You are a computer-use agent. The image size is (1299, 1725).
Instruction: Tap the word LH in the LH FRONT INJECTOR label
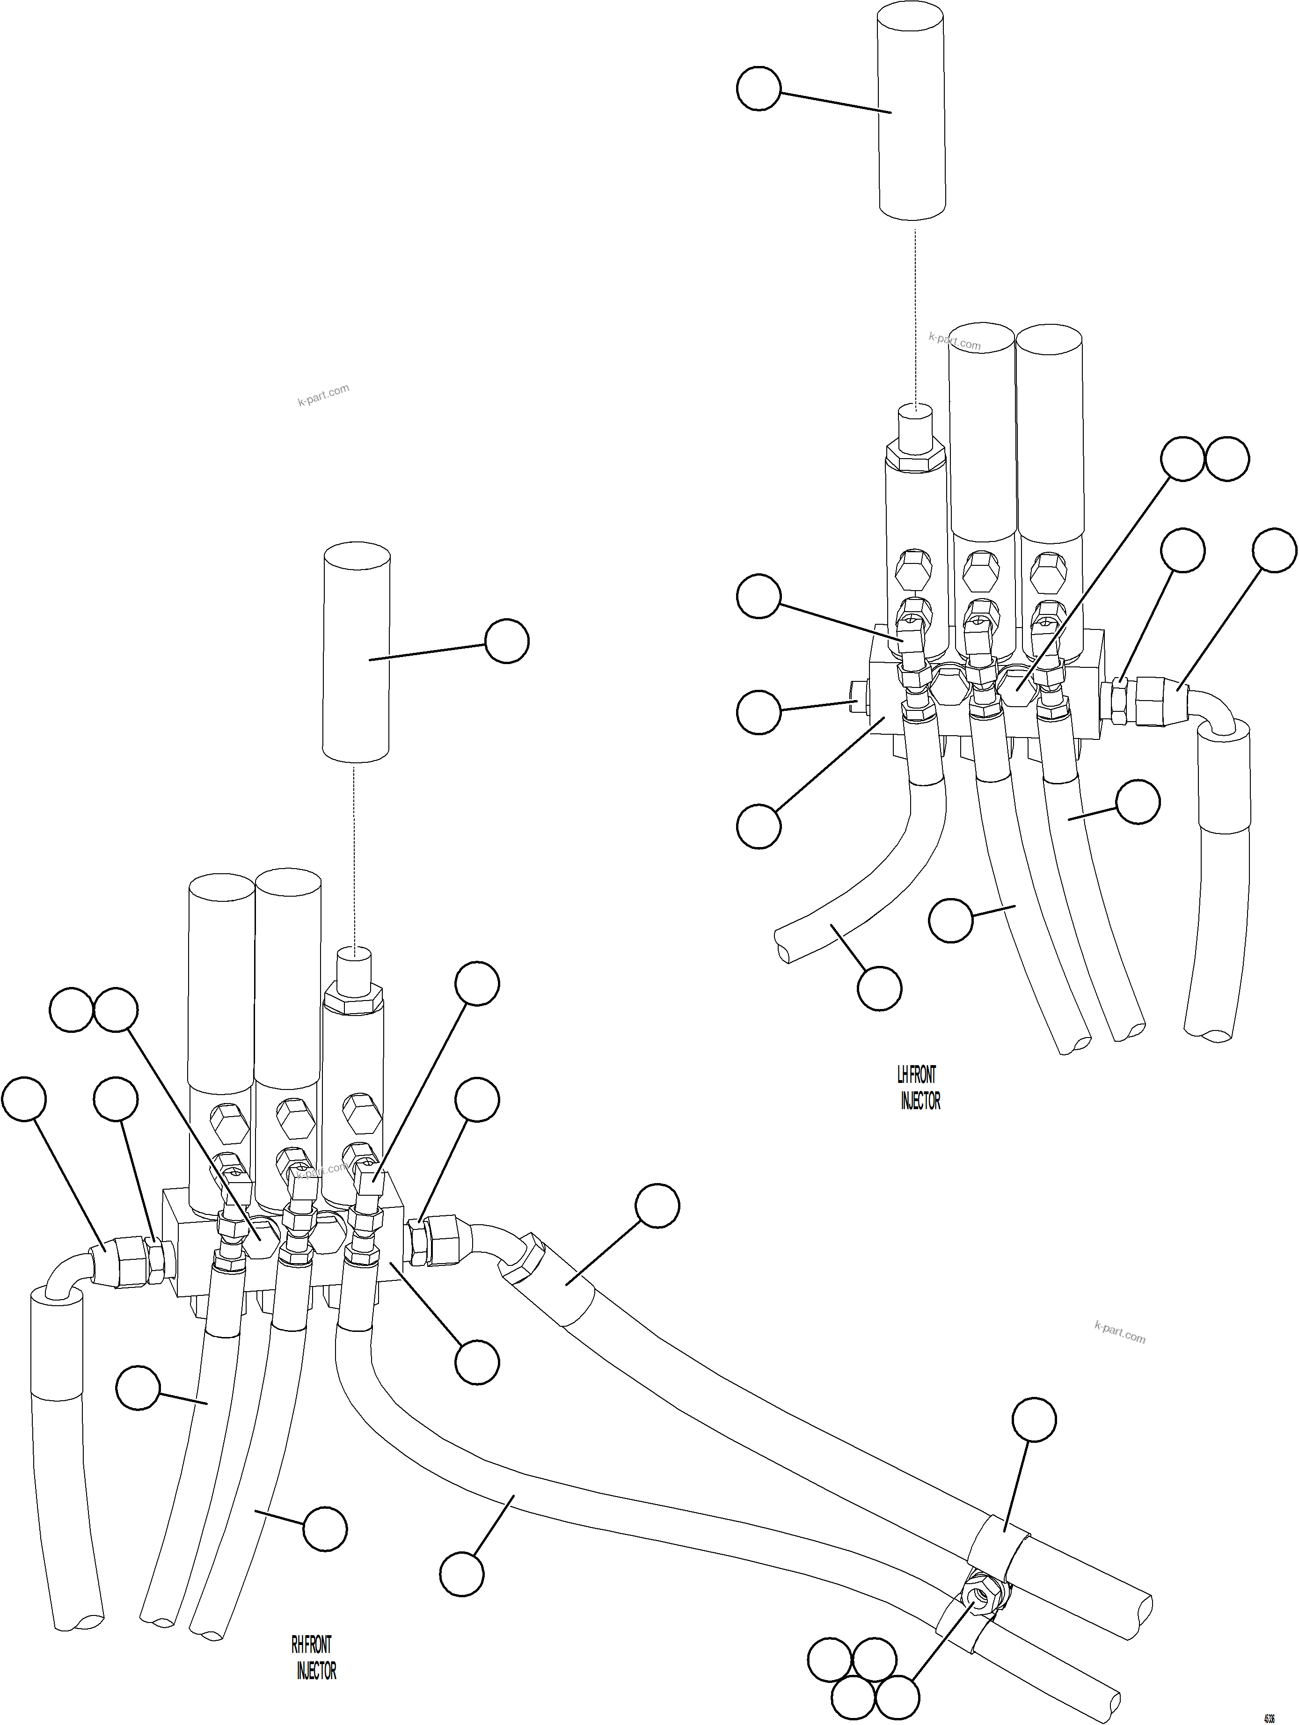[x=904, y=1074]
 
